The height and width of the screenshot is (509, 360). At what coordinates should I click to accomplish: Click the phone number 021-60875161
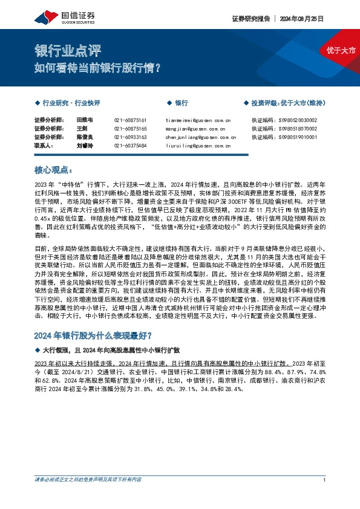pyautogui.click(x=131, y=120)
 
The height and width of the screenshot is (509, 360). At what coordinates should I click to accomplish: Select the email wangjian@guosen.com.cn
pyautogui.click(x=194, y=129)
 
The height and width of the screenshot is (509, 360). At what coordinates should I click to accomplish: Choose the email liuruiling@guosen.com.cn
pyautogui.click(x=197, y=146)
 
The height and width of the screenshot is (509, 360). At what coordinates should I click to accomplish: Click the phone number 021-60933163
pyautogui.click(x=131, y=137)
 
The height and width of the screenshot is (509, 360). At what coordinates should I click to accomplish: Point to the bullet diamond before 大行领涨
pyautogui.click(x=38, y=350)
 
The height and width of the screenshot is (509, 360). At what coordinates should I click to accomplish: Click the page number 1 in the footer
pyautogui.click(x=325, y=498)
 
